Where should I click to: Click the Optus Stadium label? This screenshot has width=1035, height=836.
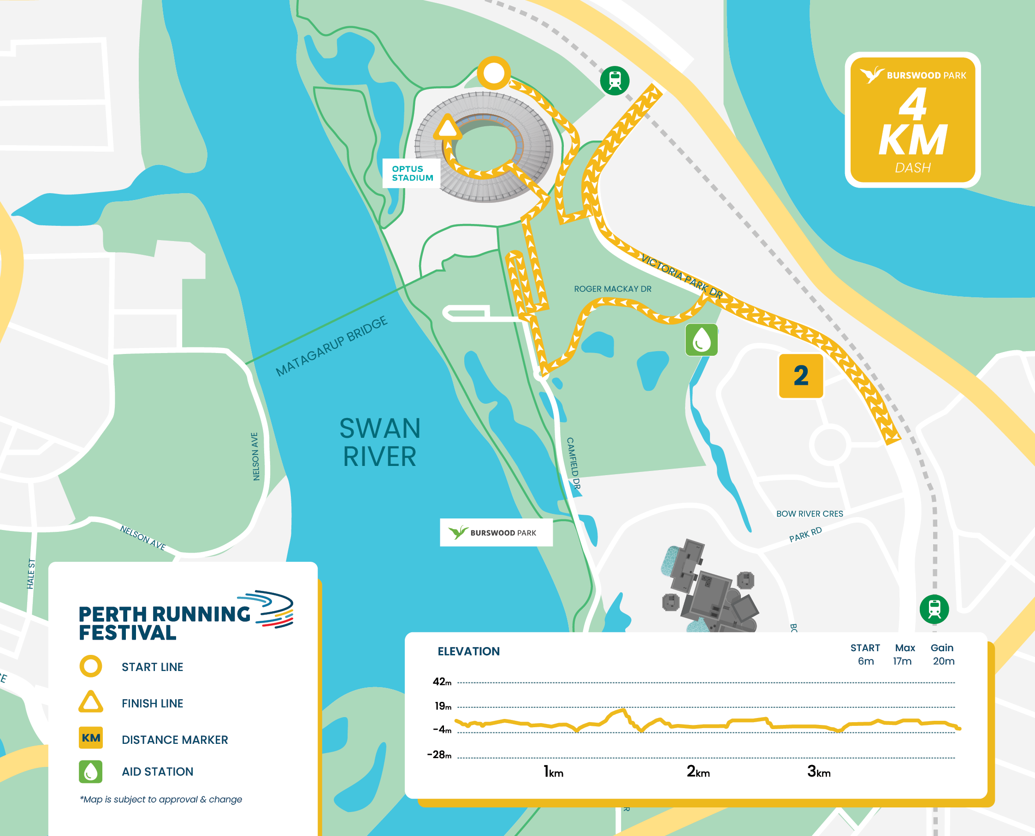[x=412, y=173]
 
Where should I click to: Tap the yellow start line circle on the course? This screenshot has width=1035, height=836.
[x=494, y=73]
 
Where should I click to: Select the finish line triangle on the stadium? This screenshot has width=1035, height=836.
[x=448, y=128]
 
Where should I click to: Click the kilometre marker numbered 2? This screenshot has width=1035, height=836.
[x=800, y=376]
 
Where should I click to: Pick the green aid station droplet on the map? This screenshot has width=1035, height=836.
[x=701, y=340]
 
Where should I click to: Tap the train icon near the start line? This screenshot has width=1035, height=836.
[x=615, y=81]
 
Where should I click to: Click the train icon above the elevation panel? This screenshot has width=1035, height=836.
[x=934, y=609]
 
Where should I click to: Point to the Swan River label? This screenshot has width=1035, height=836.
[x=380, y=442]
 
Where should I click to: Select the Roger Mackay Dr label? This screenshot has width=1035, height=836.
[x=612, y=289]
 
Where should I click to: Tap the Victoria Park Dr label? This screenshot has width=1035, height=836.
[x=681, y=276]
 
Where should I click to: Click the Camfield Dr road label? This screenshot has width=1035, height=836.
[x=573, y=463]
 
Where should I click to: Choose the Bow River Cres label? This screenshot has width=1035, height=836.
[x=809, y=514]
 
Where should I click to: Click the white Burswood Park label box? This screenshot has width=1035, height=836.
[x=496, y=533]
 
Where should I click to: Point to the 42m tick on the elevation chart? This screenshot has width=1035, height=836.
[x=442, y=682]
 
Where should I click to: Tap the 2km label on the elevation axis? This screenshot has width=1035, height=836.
[x=698, y=771]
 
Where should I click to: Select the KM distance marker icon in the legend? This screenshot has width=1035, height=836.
[x=90, y=738]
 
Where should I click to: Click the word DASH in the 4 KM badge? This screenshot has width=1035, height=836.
[x=912, y=168]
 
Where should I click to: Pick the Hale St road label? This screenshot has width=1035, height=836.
[x=31, y=574]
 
